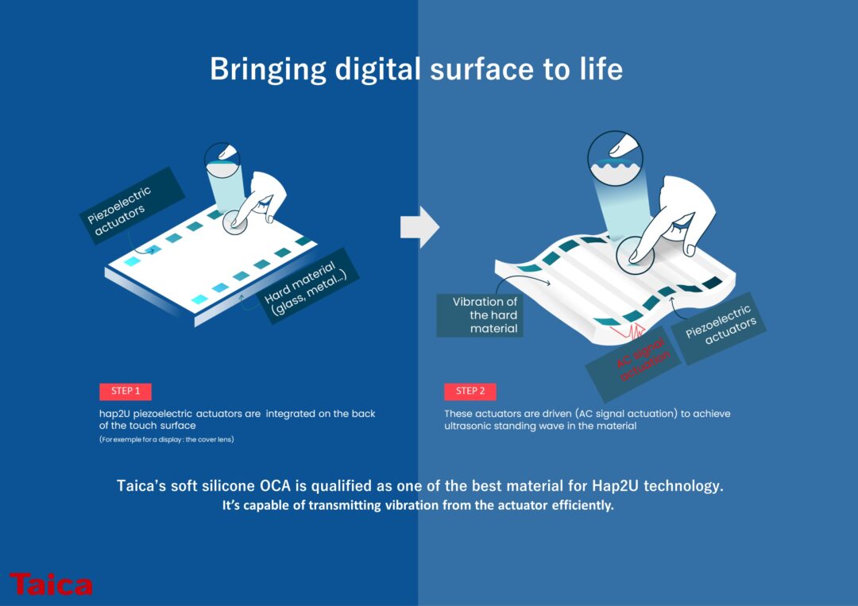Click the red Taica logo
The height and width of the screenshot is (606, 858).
tap(51, 584)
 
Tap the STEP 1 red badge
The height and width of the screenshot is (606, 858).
tap(126, 391)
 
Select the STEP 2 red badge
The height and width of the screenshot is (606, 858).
tap(470, 391)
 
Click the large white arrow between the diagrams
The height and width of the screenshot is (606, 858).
tap(419, 226)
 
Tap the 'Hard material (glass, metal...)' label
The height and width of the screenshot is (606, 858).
tap(307, 287)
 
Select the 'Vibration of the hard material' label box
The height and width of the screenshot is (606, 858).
tap(480, 315)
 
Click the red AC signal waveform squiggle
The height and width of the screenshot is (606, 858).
tap(628, 330)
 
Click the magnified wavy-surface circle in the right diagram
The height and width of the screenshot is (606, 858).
tap(615, 158)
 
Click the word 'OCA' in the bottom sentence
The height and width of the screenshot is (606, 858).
tap(275, 486)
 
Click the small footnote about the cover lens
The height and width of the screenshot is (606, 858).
tap(166, 439)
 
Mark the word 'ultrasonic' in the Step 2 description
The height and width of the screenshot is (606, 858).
tap(468, 426)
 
